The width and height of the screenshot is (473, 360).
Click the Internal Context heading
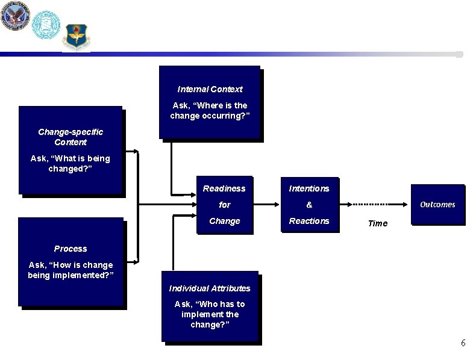click(x=210, y=89)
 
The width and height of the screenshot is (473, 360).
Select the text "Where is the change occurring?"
click(x=208, y=110)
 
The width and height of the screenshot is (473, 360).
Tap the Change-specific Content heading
click(x=70, y=137)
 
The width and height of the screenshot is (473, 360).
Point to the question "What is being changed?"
click(x=70, y=164)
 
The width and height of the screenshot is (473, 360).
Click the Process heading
click(x=70, y=249)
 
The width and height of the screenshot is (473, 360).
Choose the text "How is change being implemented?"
click(x=70, y=270)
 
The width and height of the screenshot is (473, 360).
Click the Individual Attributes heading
click(x=210, y=288)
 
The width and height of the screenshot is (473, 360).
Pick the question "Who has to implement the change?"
click(x=210, y=314)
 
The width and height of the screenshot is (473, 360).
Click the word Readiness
click(x=224, y=188)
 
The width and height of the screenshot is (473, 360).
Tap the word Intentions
click(x=309, y=188)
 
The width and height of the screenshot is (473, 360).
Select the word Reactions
click(x=309, y=221)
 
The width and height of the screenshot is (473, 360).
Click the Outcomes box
click(x=437, y=205)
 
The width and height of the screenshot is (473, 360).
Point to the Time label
click(x=378, y=223)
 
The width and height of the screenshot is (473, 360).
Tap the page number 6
click(x=463, y=343)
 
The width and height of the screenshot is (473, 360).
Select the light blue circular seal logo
click(x=46, y=24)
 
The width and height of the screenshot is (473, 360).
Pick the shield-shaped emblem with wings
click(x=77, y=37)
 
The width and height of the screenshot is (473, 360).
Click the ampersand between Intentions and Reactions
click(x=309, y=205)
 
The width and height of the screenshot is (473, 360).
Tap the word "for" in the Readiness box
click(x=224, y=205)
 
